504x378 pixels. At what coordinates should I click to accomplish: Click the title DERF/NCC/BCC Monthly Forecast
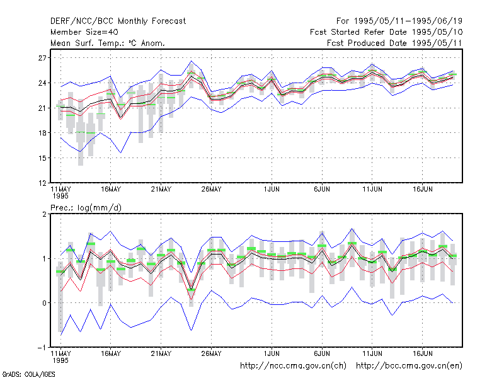click(118, 21)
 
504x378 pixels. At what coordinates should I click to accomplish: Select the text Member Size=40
click(84, 32)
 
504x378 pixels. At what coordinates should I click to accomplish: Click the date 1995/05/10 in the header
click(437, 32)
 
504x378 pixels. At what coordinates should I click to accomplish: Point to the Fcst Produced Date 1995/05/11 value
click(437, 43)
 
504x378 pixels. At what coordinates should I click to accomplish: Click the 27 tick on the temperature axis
click(42, 58)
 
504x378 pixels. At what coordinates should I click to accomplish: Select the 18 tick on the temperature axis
click(42, 133)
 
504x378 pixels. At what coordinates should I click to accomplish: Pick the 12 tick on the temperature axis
click(42, 183)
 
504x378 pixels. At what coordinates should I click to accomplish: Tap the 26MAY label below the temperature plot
click(212, 190)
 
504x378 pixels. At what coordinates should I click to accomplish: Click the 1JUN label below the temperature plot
click(272, 190)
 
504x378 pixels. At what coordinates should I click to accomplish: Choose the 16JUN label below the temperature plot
click(422, 190)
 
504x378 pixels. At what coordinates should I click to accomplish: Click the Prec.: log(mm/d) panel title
click(86, 208)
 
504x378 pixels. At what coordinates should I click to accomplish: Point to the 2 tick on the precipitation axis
click(44, 214)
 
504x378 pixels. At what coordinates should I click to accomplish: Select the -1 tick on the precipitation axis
click(42, 348)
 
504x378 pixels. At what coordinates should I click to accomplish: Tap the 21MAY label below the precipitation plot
click(161, 354)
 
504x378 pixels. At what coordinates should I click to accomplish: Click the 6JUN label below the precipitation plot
click(322, 354)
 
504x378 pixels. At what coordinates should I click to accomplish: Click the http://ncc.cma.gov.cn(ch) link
click(294, 366)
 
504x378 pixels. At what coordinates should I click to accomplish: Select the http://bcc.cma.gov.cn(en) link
click(409, 366)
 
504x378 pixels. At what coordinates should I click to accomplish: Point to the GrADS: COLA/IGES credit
click(28, 374)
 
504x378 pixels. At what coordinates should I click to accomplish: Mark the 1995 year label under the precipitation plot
click(60, 360)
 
